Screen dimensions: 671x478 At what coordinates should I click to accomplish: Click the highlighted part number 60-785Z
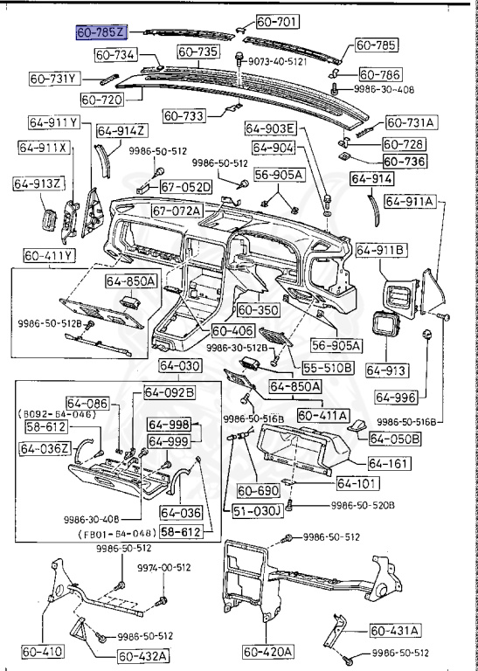pos(102,32)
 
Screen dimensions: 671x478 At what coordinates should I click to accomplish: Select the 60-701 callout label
pos(276,21)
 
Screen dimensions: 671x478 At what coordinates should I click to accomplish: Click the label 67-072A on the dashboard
pos(176,211)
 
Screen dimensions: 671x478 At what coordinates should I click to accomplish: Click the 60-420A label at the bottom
pos(268,652)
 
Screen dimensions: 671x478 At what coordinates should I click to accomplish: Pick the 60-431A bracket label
pos(394,629)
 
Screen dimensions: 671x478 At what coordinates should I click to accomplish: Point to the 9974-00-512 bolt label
pos(163,567)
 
